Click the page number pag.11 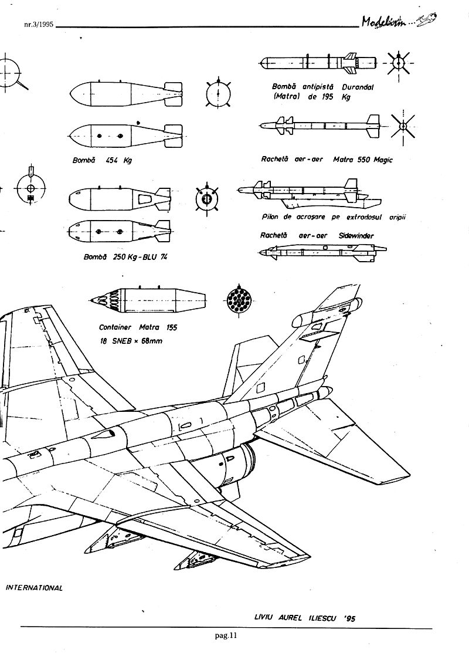click(x=226, y=634)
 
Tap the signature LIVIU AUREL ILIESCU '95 click(x=305, y=618)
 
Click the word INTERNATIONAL click(x=33, y=587)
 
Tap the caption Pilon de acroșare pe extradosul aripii click(x=334, y=218)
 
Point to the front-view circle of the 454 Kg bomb click(x=218, y=93)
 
